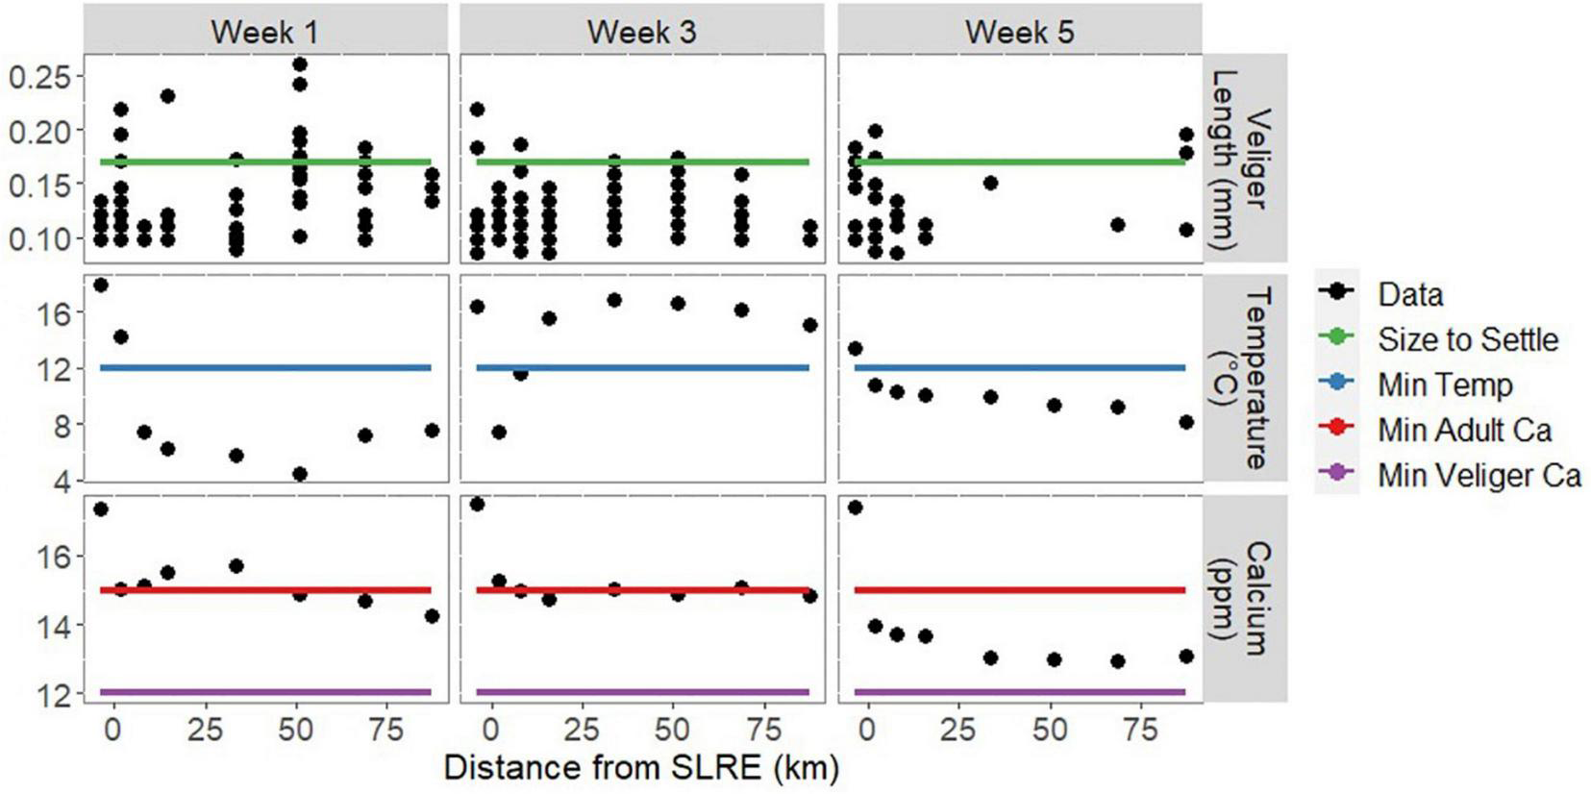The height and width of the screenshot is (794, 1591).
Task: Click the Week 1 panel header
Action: pyautogui.click(x=264, y=31)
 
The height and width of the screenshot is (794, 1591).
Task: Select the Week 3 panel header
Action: pyautogui.click(x=641, y=31)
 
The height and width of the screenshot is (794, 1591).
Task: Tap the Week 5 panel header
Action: pyautogui.click(x=1019, y=31)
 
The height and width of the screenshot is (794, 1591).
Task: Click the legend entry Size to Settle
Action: pyautogui.click(x=1467, y=339)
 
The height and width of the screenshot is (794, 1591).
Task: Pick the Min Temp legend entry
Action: pyautogui.click(x=1444, y=385)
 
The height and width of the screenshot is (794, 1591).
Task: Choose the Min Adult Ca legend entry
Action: pyautogui.click(x=1463, y=430)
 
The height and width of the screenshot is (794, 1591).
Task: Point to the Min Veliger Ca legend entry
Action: pyautogui.click(x=1479, y=475)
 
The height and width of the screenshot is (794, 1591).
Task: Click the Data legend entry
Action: pyautogui.click(x=1409, y=294)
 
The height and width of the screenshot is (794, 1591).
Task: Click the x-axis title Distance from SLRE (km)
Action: pyautogui.click(x=641, y=768)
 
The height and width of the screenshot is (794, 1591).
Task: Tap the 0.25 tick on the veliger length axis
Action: pyautogui.click(x=39, y=77)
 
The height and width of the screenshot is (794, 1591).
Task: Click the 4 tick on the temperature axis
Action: pyautogui.click(x=63, y=480)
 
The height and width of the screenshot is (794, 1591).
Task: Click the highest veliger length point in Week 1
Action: pyautogui.click(x=300, y=64)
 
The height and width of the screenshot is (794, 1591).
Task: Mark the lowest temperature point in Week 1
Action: pyautogui.click(x=300, y=474)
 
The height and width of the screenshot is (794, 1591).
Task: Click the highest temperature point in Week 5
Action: pyautogui.click(x=855, y=349)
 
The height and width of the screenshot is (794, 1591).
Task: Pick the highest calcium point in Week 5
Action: pyautogui.click(x=855, y=508)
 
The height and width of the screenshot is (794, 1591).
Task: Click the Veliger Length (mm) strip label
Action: pyautogui.click(x=1245, y=159)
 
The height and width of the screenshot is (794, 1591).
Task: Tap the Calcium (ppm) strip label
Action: pyautogui.click(x=1245, y=598)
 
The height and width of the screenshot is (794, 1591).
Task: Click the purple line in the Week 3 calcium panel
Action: pyautogui.click(x=641, y=692)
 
